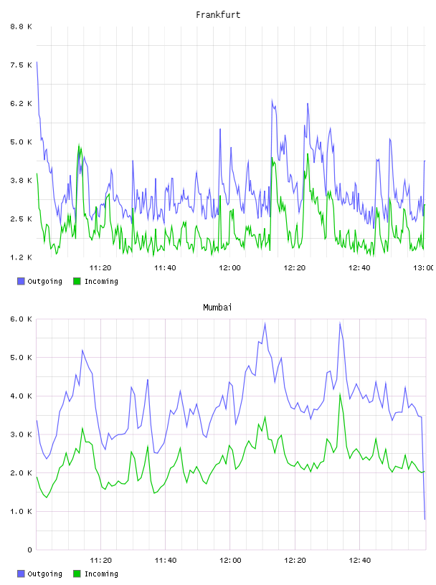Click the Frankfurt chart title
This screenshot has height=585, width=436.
point(218,15)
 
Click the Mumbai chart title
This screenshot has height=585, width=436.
point(217,308)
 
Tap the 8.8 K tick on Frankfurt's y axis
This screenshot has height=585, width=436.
point(21,27)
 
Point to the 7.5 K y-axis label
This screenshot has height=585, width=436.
point(21,65)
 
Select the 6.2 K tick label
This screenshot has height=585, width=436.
point(21,103)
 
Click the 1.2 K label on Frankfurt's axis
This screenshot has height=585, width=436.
point(21,257)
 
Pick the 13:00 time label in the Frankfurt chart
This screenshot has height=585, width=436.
point(423,267)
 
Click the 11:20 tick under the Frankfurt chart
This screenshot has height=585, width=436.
point(100,267)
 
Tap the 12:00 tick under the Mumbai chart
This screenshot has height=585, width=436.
point(230,560)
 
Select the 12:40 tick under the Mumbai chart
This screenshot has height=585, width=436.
point(360,560)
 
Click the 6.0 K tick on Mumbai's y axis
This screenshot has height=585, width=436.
point(21,319)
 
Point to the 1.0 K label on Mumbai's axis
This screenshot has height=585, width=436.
point(21,511)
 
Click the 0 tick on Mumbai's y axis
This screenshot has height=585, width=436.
point(30,550)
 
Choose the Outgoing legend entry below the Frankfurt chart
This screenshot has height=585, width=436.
point(40,281)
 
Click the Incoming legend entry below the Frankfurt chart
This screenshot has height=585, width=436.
point(96,281)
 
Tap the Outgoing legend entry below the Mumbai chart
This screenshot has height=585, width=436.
point(40,574)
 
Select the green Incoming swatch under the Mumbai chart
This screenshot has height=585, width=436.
point(77,574)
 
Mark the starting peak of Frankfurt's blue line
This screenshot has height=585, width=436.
point(37,62)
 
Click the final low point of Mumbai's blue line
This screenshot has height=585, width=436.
point(425,519)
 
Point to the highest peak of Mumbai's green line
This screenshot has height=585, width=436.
point(340,394)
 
